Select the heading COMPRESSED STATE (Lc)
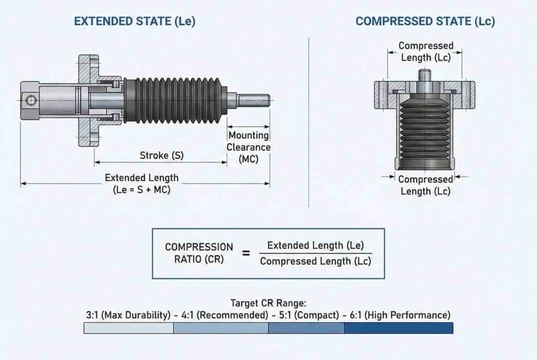coord(425,21)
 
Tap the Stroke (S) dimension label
coord(162,155)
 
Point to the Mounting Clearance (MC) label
coord(249,147)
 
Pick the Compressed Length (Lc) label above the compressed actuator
coord(426,51)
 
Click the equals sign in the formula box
coord(245,253)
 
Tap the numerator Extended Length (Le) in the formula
coord(316,245)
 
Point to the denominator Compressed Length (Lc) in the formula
coord(316,261)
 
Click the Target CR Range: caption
coord(268,303)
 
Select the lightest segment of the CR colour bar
coord(128,328)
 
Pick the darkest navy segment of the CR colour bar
coord(399,328)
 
